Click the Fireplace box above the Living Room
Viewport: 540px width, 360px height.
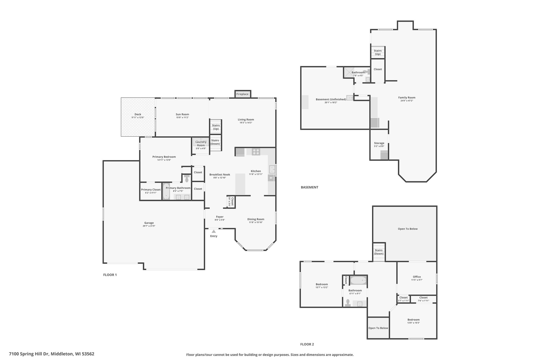(x=243, y=94)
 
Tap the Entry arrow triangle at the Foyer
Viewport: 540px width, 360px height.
(x=214, y=231)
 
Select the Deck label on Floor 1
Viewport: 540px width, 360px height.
(x=138, y=114)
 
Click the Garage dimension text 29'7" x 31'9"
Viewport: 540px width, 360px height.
(x=149, y=226)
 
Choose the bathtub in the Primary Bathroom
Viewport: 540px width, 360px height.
(x=166, y=191)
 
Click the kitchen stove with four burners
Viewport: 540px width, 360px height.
(x=256, y=152)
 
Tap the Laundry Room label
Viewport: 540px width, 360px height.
(x=201, y=144)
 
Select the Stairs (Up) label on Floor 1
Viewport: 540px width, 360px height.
(x=216, y=127)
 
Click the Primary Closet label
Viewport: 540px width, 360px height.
(x=151, y=190)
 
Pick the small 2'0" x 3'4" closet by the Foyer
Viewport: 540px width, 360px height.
(x=231, y=202)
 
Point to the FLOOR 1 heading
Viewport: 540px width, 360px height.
(x=110, y=275)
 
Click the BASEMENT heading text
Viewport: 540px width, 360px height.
(x=310, y=187)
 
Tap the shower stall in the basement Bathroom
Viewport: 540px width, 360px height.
(x=349, y=72)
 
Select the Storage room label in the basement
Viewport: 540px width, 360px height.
(x=379, y=143)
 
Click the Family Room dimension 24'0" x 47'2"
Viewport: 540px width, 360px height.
(x=407, y=100)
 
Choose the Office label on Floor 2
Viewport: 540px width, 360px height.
(x=417, y=277)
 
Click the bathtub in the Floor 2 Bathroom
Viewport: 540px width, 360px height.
(x=358, y=280)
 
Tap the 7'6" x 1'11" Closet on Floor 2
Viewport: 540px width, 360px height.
(x=423, y=299)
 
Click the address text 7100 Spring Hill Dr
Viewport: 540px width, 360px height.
(x=29, y=354)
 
